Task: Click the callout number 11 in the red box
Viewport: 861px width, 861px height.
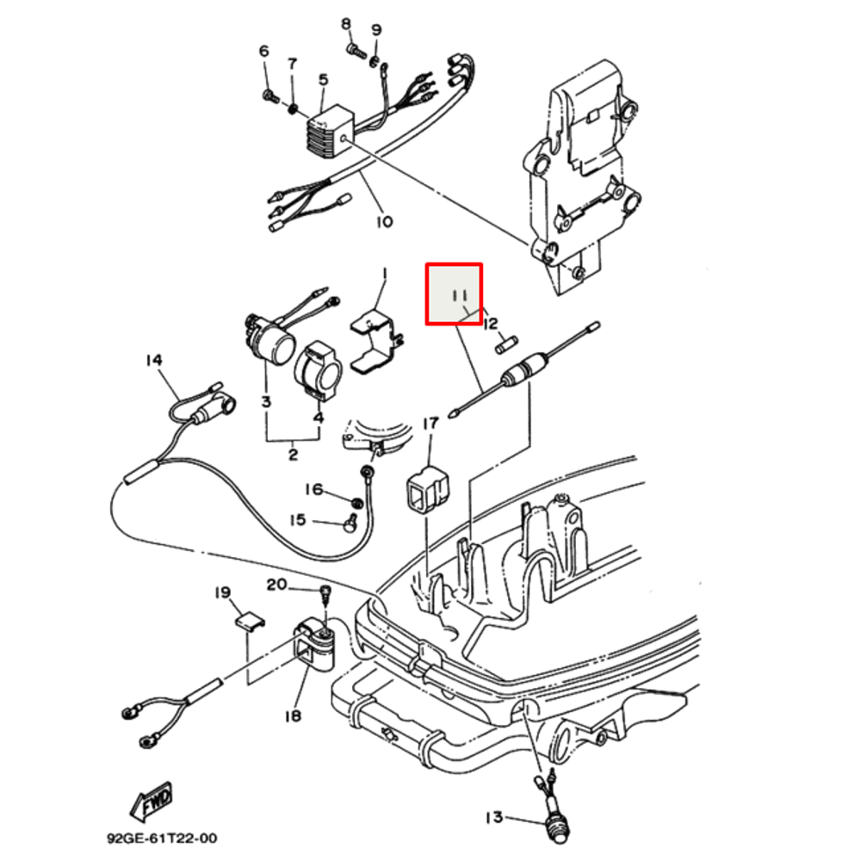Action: (458, 297)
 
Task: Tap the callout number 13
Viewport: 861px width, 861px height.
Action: (493, 817)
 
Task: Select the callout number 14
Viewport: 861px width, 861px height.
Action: (153, 360)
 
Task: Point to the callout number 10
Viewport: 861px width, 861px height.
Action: (384, 221)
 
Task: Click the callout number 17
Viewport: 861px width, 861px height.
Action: (430, 423)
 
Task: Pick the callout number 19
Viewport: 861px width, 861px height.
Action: (222, 592)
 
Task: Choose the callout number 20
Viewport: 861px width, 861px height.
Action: (276, 585)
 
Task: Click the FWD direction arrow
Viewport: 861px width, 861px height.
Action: (152, 802)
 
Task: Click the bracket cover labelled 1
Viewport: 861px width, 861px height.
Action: (376, 342)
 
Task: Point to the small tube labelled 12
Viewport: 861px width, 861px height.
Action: (506, 346)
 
